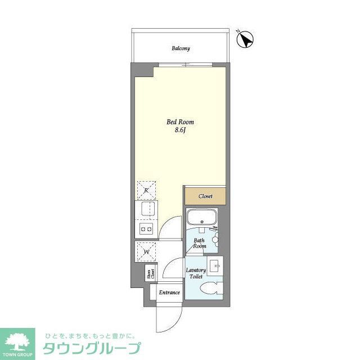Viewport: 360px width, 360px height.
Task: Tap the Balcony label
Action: [181, 48]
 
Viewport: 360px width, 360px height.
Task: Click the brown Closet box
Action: [205, 196]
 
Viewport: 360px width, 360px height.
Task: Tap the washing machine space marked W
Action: [145, 251]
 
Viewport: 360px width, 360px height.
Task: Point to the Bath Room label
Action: [200, 243]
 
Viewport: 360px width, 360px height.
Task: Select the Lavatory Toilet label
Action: [195, 273]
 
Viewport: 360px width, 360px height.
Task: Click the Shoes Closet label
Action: [151, 274]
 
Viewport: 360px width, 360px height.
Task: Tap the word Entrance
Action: [169, 292]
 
